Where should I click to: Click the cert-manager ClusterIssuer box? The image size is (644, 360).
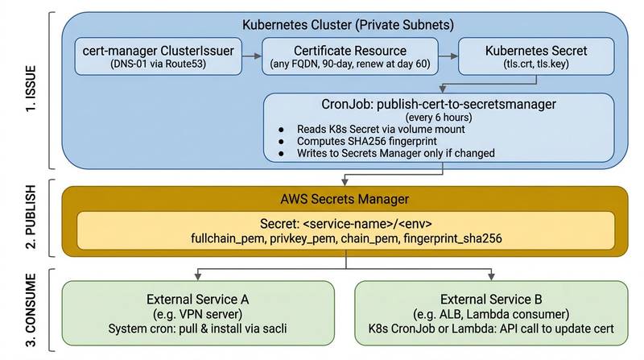pyautogui.click(x=158, y=56)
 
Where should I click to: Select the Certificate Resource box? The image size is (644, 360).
pyautogui.click(x=350, y=56)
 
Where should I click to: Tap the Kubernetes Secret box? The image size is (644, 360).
pyautogui.click(x=536, y=56)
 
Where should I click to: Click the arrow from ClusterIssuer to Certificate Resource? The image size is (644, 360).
pyautogui.click(x=252, y=56)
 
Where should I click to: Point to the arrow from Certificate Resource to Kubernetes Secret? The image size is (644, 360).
pyautogui.click(x=448, y=56)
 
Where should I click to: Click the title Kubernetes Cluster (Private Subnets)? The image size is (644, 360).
pyautogui.click(x=348, y=25)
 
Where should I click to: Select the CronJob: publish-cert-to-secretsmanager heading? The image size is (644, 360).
pyautogui.click(x=439, y=104)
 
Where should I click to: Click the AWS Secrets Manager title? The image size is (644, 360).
pyautogui.click(x=345, y=199)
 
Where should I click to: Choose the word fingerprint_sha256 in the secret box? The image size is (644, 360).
pyautogui.click(x=452, y=238)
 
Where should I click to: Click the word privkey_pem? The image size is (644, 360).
pyautogui.click(x=303, y=238)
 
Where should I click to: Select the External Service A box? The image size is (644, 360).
pyautogui.click(x=198, y=313)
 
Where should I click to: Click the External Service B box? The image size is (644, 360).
pyautogui.click(x=491, y=313)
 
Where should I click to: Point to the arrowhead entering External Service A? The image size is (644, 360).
pyautogui.click(x=198, y=276)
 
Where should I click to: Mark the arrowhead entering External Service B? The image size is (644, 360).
pyautogui.click(x=491, y=276)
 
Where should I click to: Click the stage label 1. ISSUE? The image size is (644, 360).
pyautogui.click(x=31, y=89)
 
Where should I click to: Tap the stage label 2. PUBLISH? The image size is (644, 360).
pyautogui.click(x=31, y=217)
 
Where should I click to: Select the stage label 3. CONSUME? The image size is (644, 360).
pyautogui.click(x=31, y=310)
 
